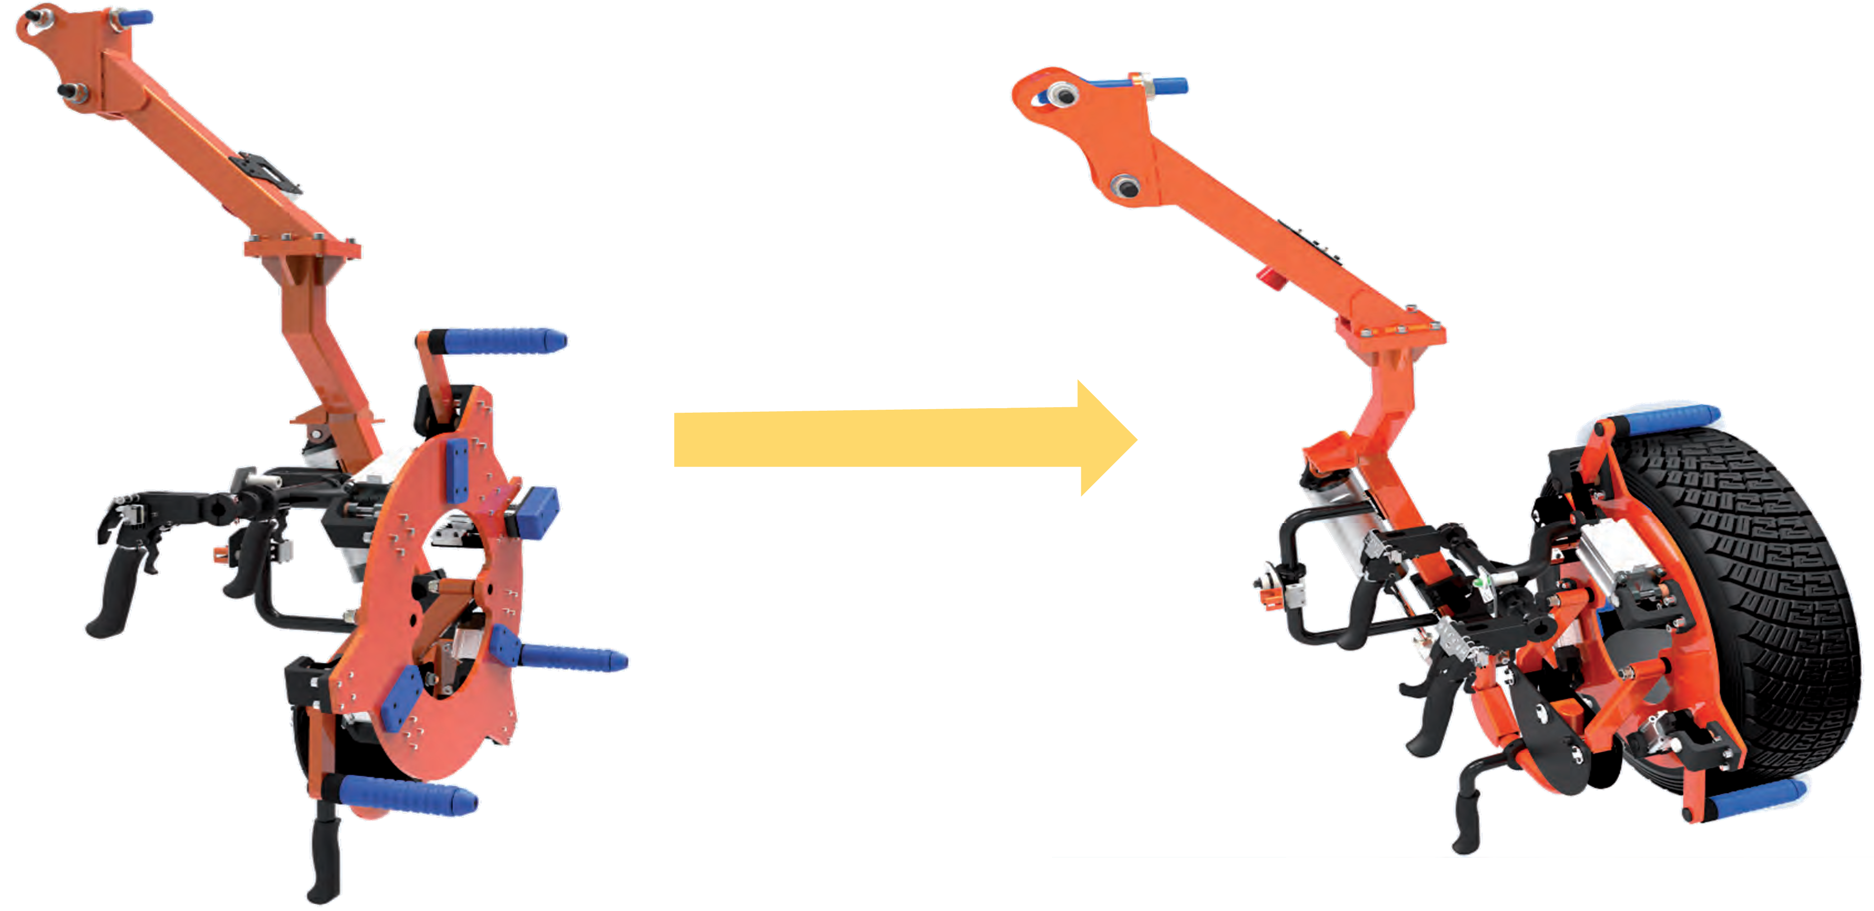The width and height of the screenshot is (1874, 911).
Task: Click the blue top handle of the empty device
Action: pyautogui.click(x=134, y=17)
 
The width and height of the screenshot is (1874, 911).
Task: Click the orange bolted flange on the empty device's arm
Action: pyautogui.click(x=302, y=249)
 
